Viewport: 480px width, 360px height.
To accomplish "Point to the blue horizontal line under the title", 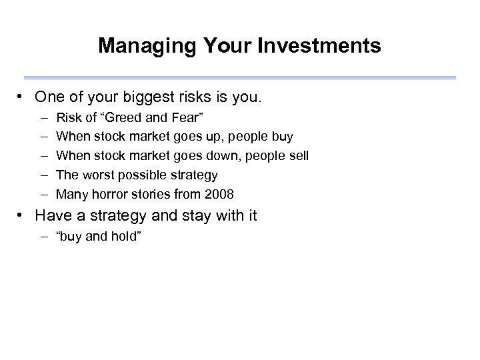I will click(x=240, y=78).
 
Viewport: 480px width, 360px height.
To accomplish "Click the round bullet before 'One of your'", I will click(x=23, y=98).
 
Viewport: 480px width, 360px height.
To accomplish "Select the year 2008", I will click(x=219, y=195).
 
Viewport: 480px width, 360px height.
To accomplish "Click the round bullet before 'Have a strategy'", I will click(x=23, y=216).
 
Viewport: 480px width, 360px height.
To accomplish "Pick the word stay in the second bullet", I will click(x=189, y=216).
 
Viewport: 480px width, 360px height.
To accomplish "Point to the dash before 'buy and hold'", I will click(x=43, y=236).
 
